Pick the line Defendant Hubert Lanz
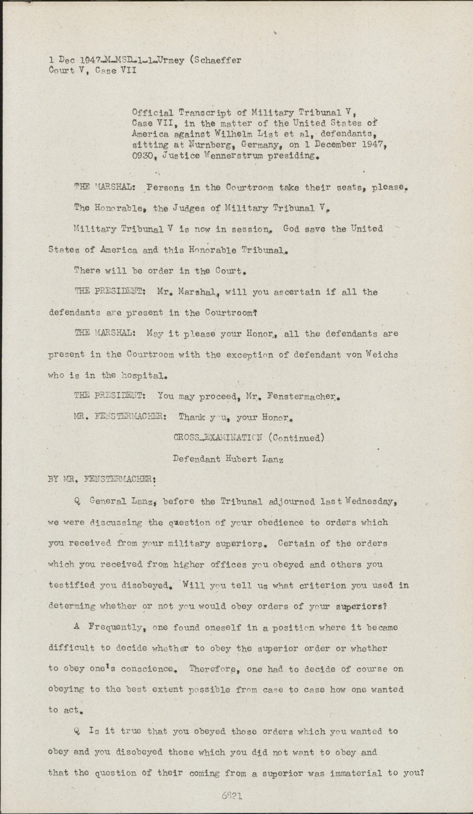228,458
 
